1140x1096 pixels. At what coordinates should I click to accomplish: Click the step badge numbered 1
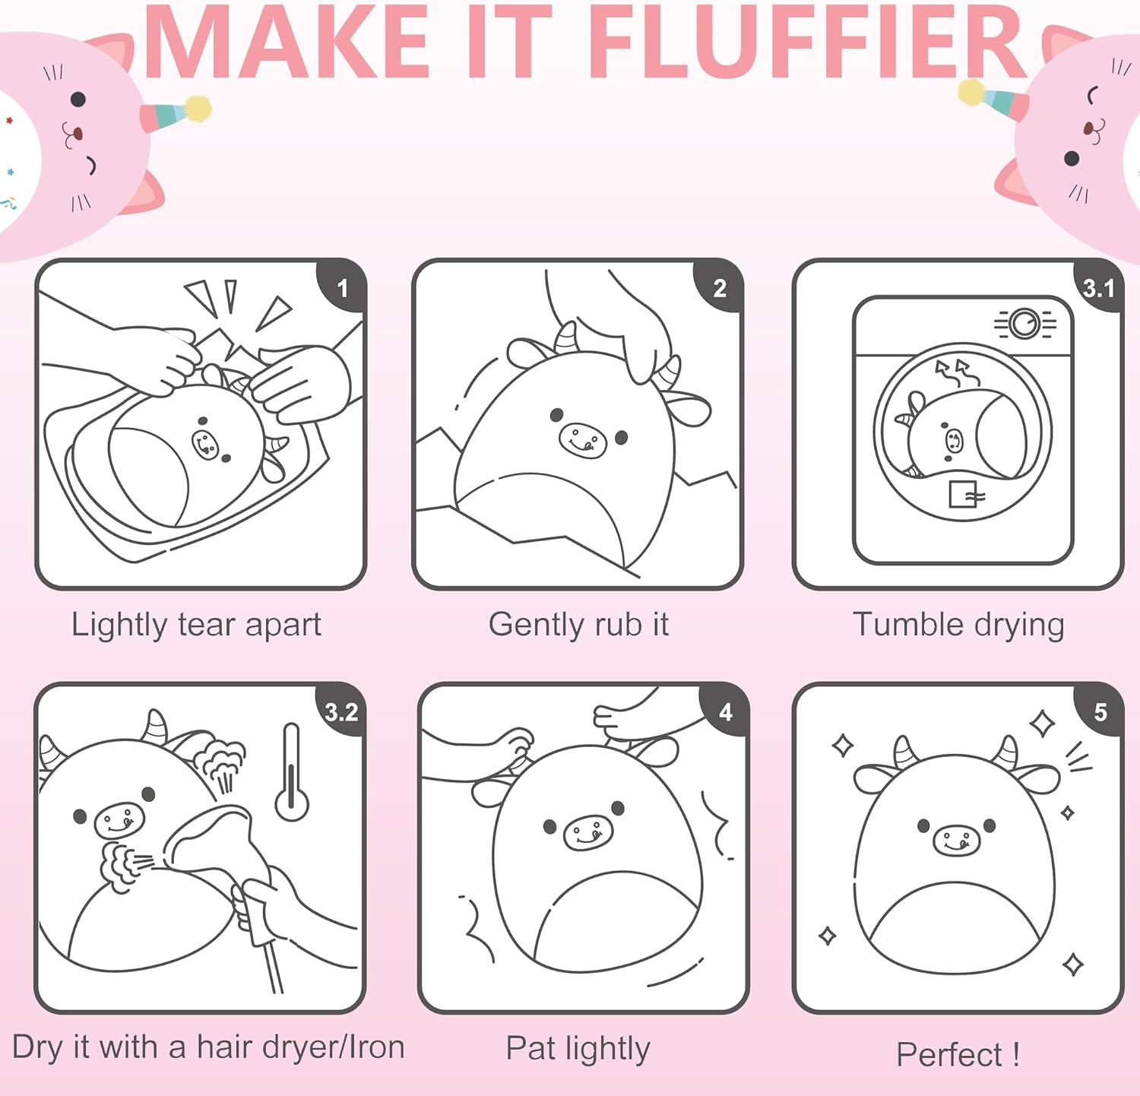pyautogui.click(x=342, y=287)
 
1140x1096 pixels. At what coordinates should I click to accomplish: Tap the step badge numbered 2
pyautogui.click(x=719, y=287)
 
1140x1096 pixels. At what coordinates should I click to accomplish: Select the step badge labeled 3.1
pyautogui.click(x=1097, y=287)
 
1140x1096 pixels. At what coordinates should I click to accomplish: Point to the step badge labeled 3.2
pyautogui.click(x=340, y=711)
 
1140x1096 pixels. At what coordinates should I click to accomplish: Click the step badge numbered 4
pyautogui.click(x=725, y=711)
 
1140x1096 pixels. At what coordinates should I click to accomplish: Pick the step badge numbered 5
pyautogui.click(x=1099, y=711)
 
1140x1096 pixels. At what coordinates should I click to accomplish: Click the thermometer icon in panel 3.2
pyautogui.click(x=291, y=771)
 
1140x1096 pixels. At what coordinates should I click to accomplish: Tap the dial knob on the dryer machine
pyautogui.click(x=1024, y=324)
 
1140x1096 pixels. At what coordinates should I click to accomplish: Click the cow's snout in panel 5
pyautogui.click(x=956, y=840)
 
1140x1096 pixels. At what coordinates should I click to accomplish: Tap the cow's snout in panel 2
pyautogui.click(x=583, y=440)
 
